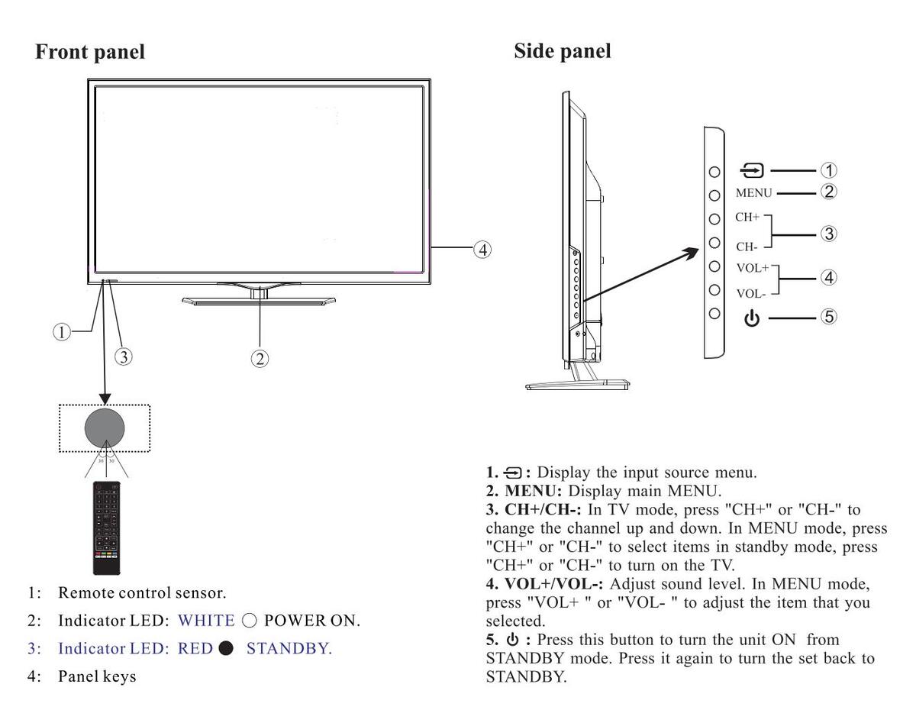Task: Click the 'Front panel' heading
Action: tap(90, 53)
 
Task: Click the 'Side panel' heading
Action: tap(563, 51)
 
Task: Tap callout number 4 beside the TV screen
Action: tap(482, 249)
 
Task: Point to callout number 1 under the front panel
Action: tap(62, 331)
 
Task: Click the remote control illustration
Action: tap(106, 528)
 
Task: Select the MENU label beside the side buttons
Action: tap(753, 193)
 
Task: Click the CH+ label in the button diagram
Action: tap(747, 218)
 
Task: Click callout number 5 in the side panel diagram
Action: tap(827, 317)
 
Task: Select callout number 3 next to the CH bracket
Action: tap(828, 234)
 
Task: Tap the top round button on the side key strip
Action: tap(714, 173)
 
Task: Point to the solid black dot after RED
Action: tap(225, 649)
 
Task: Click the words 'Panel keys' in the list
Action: tap(98, 676)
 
